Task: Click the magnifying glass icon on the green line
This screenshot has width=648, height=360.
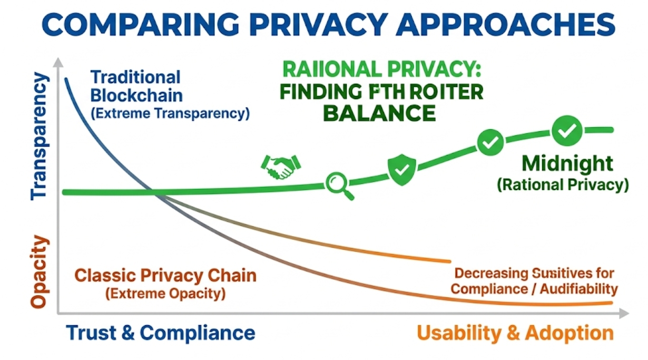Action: [338, 186]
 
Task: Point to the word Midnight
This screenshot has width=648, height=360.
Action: [567, 164]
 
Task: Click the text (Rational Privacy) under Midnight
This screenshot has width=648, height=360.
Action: [562, 185]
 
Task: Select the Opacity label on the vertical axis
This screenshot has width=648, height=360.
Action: [40, 271]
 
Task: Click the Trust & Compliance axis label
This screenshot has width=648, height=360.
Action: [161, 333]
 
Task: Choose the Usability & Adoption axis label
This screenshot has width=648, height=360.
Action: [515, 333]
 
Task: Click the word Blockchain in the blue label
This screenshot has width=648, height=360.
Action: [136, 95]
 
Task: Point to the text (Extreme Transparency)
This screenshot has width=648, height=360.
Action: [170, 113]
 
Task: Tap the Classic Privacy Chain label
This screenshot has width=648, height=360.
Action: [165, 276]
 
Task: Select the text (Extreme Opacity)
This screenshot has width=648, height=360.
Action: [165, 293]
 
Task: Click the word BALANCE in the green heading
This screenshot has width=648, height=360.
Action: [379, 113]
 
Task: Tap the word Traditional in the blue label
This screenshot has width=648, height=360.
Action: [135, 77]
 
